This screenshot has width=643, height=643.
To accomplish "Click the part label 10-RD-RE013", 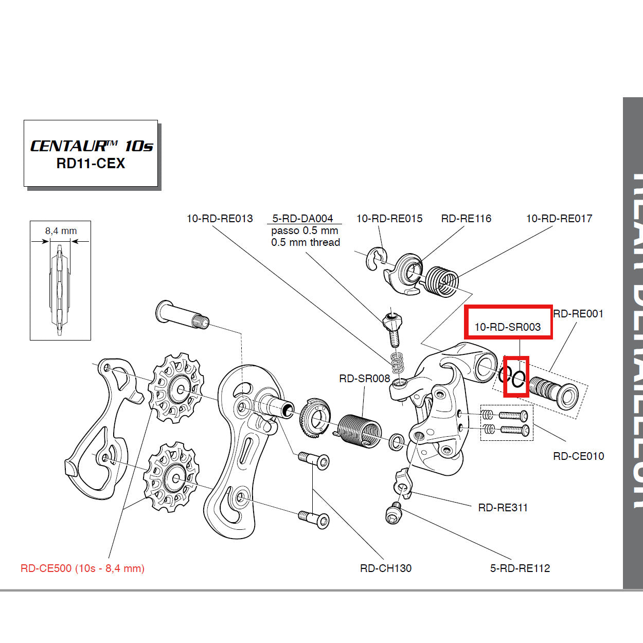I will click(220, 219).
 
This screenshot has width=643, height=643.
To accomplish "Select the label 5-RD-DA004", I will click(302, 219).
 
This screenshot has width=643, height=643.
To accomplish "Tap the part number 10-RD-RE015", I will click(389, 219).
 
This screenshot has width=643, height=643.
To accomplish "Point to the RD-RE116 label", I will click(466, 219).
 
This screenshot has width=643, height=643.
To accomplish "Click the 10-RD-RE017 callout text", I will click(559, 219).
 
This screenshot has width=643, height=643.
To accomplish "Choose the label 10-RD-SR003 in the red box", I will click(507, 327).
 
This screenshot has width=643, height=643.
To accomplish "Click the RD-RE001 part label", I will click(578, 314).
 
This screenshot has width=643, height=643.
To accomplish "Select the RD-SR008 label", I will click(365, 379).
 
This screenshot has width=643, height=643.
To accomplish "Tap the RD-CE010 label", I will click(578, 456).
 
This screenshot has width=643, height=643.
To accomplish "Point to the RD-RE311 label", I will click(503, 508).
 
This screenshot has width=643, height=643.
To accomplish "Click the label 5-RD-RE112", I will click(520, 568).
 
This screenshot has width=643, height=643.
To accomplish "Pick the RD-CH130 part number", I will click(386, 568).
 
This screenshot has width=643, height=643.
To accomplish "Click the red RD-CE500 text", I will click(82, 568).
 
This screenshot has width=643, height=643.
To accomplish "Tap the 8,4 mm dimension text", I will click(61, 231).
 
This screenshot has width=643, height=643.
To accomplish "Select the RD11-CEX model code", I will click(91, 164).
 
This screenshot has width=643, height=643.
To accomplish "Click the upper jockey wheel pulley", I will click(176, 388).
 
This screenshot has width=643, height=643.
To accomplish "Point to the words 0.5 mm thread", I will click(306, 242).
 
